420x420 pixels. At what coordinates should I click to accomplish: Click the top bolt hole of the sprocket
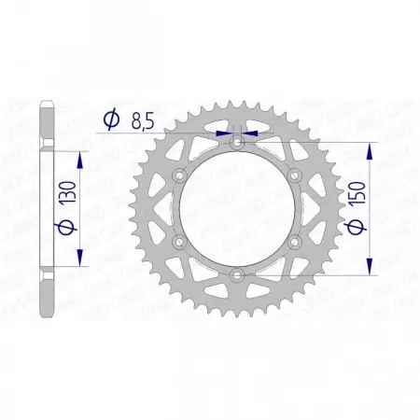(x=237, y=143)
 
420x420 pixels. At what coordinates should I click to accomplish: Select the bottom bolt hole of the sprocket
(x=237, y=273)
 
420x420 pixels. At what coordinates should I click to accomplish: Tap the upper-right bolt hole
(x=294, y=175)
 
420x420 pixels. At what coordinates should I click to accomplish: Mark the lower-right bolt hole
(x=294, y=241)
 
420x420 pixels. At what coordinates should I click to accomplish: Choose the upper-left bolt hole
(x=180, y=175)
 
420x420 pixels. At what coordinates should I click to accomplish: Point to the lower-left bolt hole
(x=180, y=241)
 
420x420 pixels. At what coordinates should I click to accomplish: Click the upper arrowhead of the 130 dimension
(x=79, y=160)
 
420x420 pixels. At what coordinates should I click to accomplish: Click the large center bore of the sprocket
(x=237, y=208)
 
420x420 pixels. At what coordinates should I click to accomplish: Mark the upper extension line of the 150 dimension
(x=317, y=143)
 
